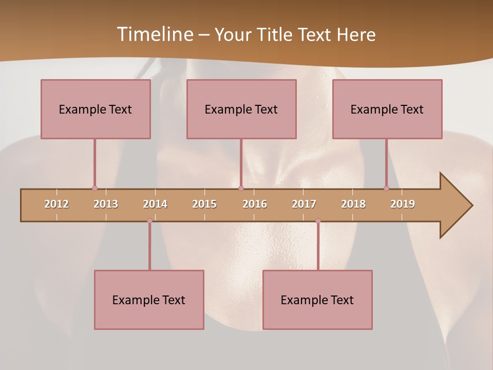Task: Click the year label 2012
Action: [56, 204]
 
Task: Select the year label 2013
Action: [106, 204]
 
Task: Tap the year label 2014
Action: [155, 204]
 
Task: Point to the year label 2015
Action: [204, 204]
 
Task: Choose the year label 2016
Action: [255, 204]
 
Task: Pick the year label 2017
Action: [304, 204]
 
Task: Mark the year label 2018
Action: [353, 204]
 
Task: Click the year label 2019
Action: [403, 204]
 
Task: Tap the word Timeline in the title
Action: [155, 34]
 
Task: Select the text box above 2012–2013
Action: [96, 109]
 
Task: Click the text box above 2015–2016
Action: [241, 109]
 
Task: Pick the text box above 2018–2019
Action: [387, 109]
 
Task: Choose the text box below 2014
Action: [149, 300]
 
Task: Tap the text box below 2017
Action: [317, 300]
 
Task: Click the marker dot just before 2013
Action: [94, 189]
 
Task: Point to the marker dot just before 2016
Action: [241, 189]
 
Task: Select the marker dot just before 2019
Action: [386, 189]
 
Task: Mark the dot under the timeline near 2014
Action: [149, 221]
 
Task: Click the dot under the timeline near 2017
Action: [318, 221]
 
